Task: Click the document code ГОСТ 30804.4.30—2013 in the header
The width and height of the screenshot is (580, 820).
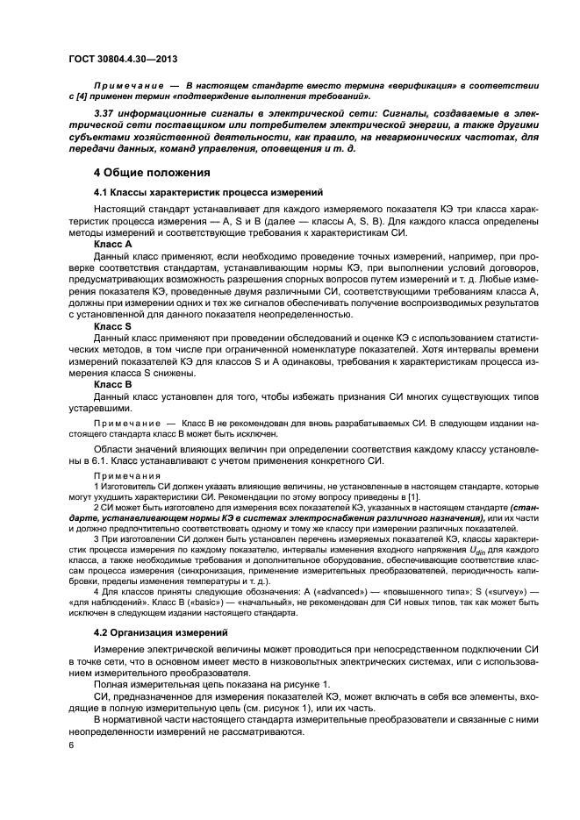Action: pos(126,60)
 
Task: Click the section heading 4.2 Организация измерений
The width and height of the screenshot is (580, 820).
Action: pos(159,631)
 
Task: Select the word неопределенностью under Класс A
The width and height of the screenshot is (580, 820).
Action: pos(287,313)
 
